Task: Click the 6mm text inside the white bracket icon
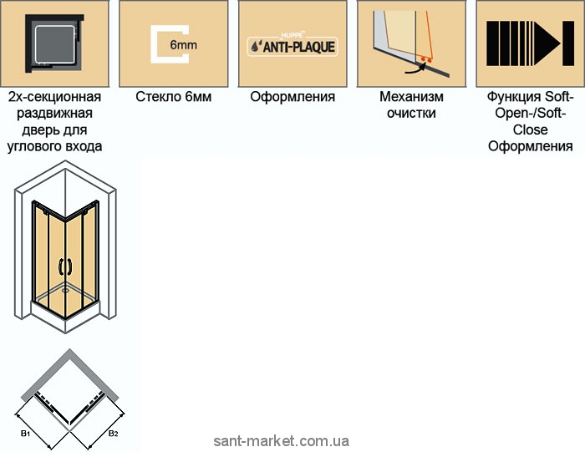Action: click(x=183, y=45)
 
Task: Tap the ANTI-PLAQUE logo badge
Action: click(x=292, y=47)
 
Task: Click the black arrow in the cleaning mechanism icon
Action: click(x=415, y=69)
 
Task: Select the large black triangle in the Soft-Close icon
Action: click(x=547, y=43)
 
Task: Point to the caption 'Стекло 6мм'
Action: click(x=174, y=97)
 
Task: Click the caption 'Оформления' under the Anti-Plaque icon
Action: click(x=292, y=97)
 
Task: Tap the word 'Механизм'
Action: click(x=411, y=97)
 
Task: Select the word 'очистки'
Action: click(x=411, y=113)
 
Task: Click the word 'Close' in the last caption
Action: click(x=530, y=130)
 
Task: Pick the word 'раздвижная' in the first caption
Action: click(x=54, y=114)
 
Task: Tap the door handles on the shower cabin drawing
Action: click(x=65, y=267)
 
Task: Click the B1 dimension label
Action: click(x=25, y=434)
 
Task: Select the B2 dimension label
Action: click(x=113, y=434)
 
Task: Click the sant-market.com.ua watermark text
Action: click(x=282, y=441)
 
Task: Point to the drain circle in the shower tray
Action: click(x=66, y=290)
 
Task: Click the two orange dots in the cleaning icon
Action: click(x=426, y=59)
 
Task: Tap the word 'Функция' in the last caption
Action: click(x=514, y=97)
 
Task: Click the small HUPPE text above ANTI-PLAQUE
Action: click(x=292, y=35)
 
